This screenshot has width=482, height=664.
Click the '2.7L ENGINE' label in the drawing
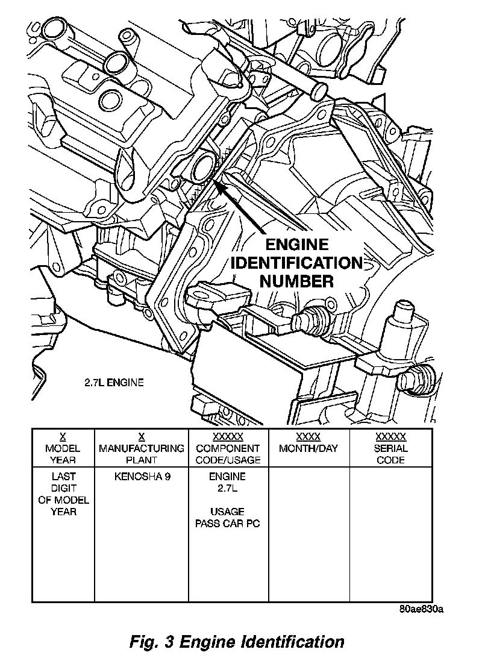pyautogui.click(x=113, y=382)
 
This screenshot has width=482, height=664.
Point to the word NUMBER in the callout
pyautogui.click(x=297, y=280)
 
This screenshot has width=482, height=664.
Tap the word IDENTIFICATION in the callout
pyautogui.click(x=297, y=263)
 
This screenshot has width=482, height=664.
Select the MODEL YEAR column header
pyautogui.click(x=63, y=454)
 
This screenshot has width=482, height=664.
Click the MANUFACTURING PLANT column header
pyautogui.click(x=142, y=454)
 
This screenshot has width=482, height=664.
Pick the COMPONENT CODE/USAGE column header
pyautogui.click(x=228, y=454)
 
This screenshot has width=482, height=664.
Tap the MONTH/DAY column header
pyautogui.click(x=308, y=448)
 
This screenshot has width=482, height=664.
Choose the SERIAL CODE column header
pyautogui.click(x=390, y=454)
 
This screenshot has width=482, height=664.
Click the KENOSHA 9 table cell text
pyautogui.click(x=142, y=476)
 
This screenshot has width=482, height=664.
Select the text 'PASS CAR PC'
pyautogui.click(x=228, y=523)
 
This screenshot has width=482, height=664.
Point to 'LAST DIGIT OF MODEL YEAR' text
pyautogui.click(x=63, y=493)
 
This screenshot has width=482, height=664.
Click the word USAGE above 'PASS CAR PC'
pyautogui.click(x=228, y=512)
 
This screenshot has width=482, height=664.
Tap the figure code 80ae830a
pyautogui.click(x=421, y=609)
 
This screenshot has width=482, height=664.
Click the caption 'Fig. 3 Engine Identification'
pyautogui.click(x=237, y=641)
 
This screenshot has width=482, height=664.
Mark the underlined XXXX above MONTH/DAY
pyautogui.click(x=308, y=437)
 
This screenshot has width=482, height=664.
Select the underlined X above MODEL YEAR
pyautogui.click(x=63, y=437)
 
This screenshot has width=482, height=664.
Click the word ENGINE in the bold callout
pyautogui.click(x=297, y=245)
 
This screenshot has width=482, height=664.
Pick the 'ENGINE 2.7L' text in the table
pyautogui.click(x=228, y=482)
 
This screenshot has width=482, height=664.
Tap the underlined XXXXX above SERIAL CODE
pyautogui.click(x=390, y=437)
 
